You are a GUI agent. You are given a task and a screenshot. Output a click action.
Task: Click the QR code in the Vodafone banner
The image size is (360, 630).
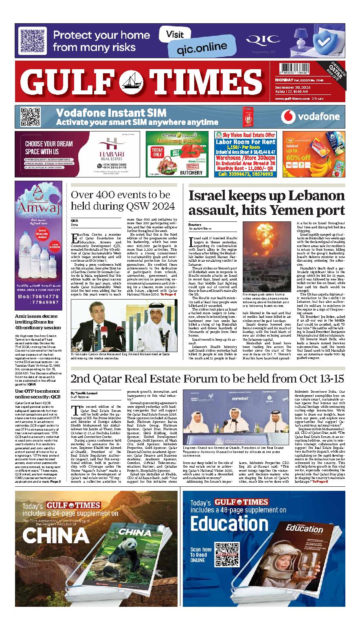[30, 117]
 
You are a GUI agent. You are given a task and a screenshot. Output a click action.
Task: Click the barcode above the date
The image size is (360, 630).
[291, 69]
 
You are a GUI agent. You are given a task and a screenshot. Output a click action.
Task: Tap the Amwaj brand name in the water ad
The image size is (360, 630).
[39, 210]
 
